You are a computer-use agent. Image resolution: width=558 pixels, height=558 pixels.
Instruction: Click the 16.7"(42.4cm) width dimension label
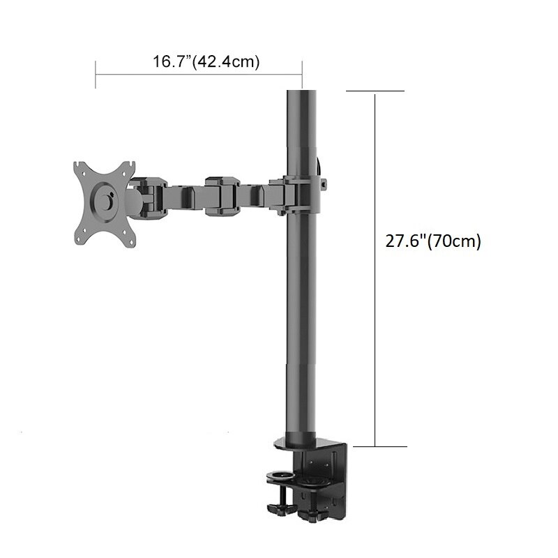pos(206,61)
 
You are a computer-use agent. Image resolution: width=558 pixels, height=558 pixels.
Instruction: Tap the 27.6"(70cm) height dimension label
pos(434,241)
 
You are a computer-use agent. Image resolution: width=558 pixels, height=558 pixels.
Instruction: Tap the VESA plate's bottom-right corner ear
pos(127,238)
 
